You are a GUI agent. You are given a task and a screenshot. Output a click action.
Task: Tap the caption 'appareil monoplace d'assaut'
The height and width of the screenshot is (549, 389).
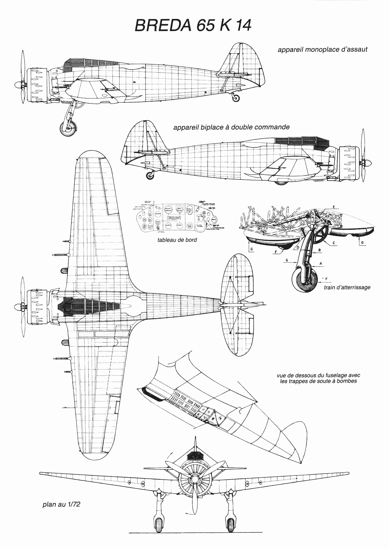click(322, 50)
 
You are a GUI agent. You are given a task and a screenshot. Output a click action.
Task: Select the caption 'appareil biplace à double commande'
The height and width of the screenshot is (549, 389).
click(231, 127)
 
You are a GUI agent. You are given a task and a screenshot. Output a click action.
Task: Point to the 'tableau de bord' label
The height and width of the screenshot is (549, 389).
click(177, 240)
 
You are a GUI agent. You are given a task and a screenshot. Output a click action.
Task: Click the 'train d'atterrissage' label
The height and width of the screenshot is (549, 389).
click(347, 287)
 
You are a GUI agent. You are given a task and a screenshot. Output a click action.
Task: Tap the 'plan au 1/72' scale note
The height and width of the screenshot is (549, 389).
click(61, 504)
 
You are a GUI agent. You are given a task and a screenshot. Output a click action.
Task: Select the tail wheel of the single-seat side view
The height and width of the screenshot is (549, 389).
click(235, 97)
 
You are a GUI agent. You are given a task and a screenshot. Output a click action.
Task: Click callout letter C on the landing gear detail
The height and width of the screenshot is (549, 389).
click(334, 243)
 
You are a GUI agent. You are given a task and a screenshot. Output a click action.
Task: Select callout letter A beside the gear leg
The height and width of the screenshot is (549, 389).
click(321, 264)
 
